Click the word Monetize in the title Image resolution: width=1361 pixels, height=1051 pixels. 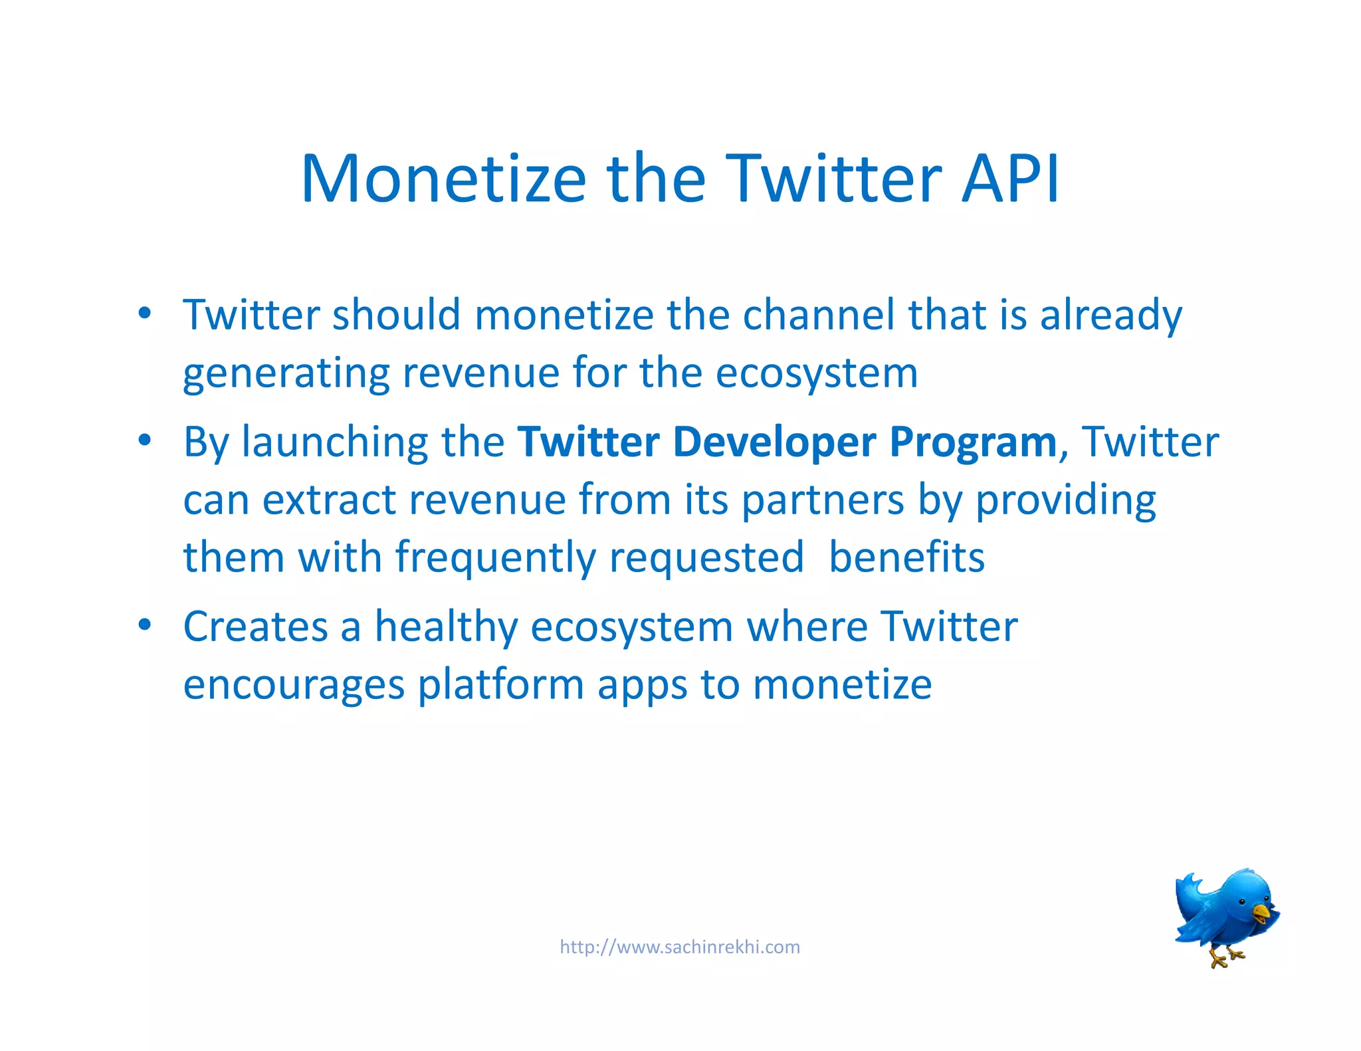(443, 179)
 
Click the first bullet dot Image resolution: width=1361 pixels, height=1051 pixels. (145, 313)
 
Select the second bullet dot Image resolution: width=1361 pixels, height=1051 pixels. (145, 440)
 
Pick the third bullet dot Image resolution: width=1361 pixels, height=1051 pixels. (145, 625)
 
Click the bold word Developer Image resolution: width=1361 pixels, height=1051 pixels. (774, 443)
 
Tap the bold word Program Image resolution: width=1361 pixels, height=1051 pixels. (973, 443)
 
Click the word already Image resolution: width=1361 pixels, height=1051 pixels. (1111, 316)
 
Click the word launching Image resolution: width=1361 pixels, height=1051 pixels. (335, 443)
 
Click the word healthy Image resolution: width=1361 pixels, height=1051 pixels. (446, 627)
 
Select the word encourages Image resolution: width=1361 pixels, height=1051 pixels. (293, 686)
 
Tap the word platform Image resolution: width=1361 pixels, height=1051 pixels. (500, 686)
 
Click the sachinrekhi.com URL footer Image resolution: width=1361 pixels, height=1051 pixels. (680, 947)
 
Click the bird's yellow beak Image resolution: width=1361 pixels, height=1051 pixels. (1261, 913)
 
